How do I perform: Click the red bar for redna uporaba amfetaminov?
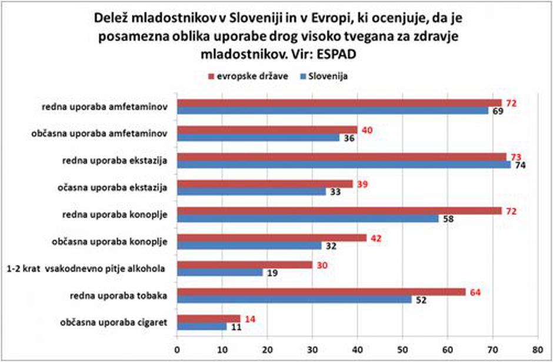339,103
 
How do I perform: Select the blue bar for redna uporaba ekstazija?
344,165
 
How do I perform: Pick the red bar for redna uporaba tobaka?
321,291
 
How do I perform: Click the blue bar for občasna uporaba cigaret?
201,326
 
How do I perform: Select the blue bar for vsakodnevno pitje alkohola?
219,272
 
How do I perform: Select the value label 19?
272,273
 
